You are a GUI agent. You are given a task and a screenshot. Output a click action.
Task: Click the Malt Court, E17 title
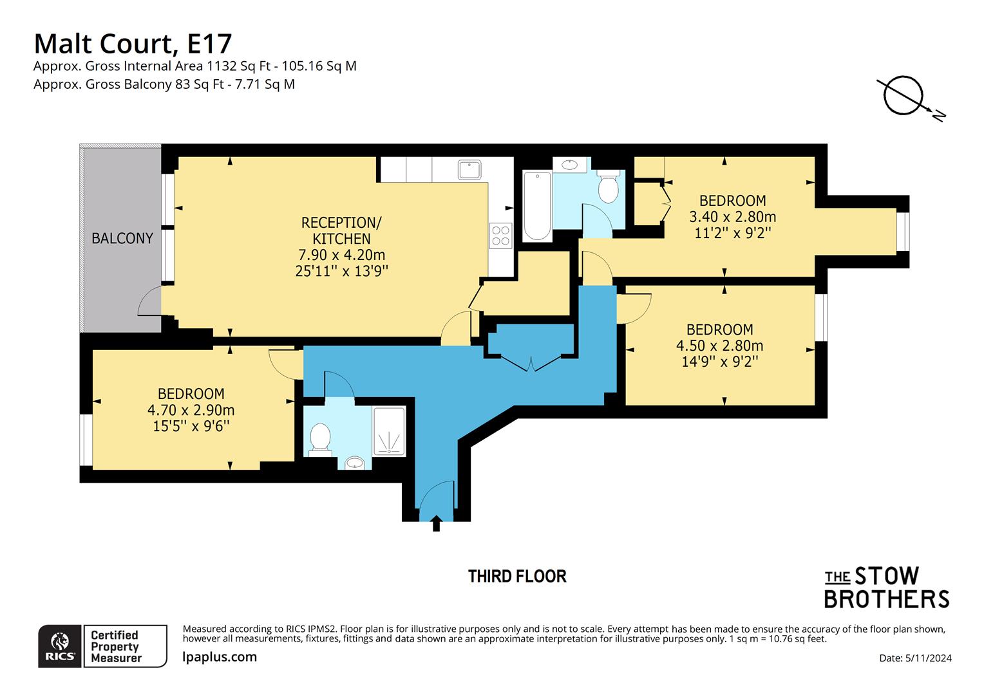coord(133,44)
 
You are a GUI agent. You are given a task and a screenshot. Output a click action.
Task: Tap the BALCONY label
coord(122,238)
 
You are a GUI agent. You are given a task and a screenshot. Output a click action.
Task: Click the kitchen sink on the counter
coord(469,170)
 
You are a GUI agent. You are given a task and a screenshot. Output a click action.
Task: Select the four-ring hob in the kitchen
coord(500,235)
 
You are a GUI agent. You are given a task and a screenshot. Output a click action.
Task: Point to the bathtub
coord(536,205)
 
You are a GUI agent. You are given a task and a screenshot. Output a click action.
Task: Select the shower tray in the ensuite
coord(389,431)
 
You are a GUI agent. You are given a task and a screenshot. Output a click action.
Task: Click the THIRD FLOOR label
coord(517,576)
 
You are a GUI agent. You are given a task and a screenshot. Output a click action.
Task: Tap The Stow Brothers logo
coord(887,587)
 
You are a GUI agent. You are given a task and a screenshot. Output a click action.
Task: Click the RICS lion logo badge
coord(60,646)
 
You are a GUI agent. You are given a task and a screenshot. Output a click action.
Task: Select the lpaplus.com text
coord(220,657)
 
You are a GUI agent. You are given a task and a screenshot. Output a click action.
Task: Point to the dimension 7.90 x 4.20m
coord(341,255)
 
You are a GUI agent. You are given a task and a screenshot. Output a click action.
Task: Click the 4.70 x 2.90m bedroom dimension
coord(191,410)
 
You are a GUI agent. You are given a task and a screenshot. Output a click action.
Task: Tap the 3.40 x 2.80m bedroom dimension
coord(732,217)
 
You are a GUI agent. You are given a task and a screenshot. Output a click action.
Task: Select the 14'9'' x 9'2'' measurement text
coord(719,362)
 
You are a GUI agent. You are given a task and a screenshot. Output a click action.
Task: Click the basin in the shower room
coord(354,462)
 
